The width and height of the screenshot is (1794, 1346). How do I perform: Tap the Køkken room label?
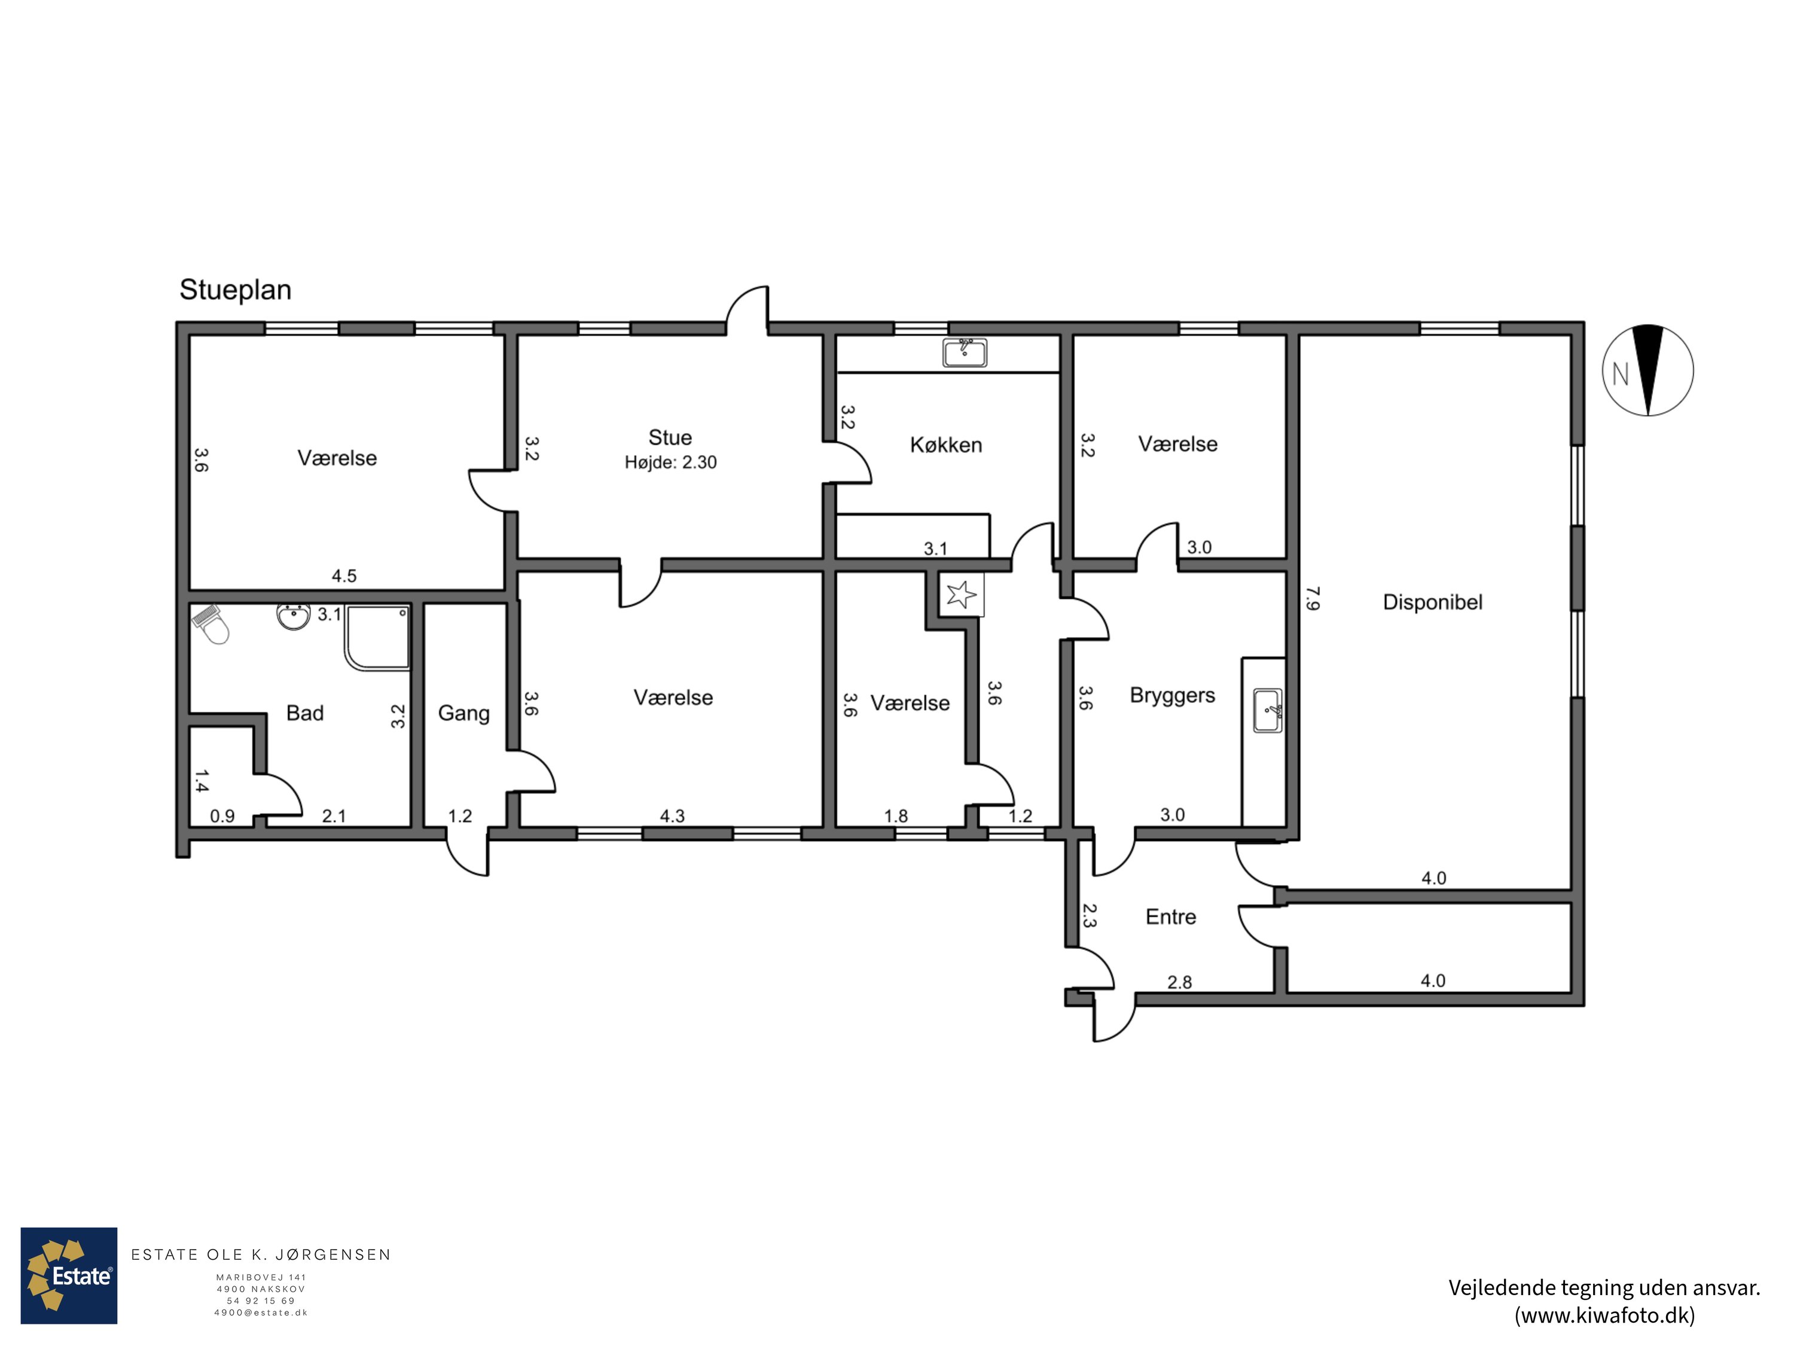[945, 444]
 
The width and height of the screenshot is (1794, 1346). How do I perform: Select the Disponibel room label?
[1432, 602]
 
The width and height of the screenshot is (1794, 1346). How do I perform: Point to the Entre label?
[1170, 917]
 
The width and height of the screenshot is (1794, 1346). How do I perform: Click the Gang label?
[464, 714]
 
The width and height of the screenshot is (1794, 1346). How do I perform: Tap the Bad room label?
[305, 713]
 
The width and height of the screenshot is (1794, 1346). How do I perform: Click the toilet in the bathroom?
[212, 623]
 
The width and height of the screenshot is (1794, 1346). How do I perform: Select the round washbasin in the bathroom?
[293, 617]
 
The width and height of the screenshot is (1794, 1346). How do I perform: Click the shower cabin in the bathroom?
[377, 638]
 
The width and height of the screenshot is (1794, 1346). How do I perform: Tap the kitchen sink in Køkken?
[965, 353]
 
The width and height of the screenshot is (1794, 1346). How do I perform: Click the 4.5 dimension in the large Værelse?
[344, 576]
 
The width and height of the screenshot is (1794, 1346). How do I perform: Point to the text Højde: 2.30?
[671, 463]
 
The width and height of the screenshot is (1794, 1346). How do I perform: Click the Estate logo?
[69, 1275]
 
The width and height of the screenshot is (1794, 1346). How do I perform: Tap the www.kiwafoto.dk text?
[1604, 1315]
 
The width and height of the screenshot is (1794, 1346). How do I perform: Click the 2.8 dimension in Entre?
[1179, 982]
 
